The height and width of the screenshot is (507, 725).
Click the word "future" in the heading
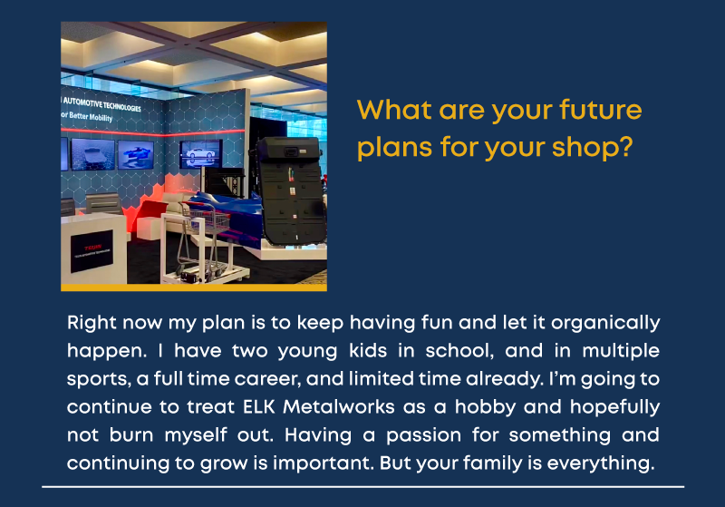pos(600,110)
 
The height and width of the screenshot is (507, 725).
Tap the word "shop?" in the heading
pos(592,148)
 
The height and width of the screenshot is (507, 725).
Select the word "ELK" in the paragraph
pos(259,406)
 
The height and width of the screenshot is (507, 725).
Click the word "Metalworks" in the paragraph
pos(339,406)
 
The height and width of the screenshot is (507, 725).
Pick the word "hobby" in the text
pos(485,407)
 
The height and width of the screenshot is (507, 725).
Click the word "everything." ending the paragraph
pos(601,464)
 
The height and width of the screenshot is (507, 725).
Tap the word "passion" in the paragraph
pos(423,435)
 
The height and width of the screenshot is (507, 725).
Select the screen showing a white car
pos(200,154)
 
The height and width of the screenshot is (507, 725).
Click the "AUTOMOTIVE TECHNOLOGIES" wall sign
pos(101,104)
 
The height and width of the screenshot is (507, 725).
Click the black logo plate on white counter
pos(92,251)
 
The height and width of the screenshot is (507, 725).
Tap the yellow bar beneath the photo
pos(194,288)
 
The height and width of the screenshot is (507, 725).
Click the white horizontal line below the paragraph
pos(363,487)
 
